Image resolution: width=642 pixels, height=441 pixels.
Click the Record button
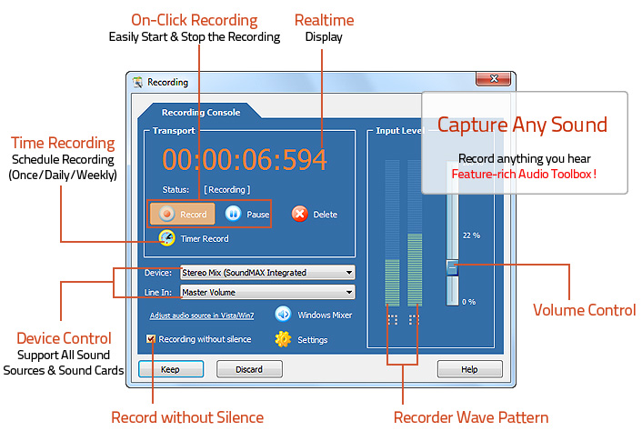tap(183, 215)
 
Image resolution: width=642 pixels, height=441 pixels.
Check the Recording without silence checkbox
tap(151, 339)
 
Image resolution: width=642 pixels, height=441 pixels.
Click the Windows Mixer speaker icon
tap(283, 315)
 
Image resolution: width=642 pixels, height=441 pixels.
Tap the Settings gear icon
tap(283, 339)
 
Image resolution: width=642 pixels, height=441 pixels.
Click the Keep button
tap(170, 369)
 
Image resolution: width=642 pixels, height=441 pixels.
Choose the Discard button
tap(249, 369)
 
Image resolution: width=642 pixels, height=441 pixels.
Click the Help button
tap(469, 369)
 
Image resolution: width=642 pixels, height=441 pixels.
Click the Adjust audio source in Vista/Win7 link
tap(202, 316)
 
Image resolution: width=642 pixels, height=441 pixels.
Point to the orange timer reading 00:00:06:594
tap(245, 160)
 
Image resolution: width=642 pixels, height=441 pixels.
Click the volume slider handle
tap(452, 267)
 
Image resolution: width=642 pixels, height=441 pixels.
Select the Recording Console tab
tap(201, 113)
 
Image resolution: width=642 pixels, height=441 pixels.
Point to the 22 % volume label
tap(470, 235)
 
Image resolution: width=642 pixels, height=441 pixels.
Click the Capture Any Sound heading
tap(522, 125)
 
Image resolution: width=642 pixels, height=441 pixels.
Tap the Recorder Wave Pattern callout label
tap(470, 417)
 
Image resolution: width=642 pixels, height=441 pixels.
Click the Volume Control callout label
tap(584, 309)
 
